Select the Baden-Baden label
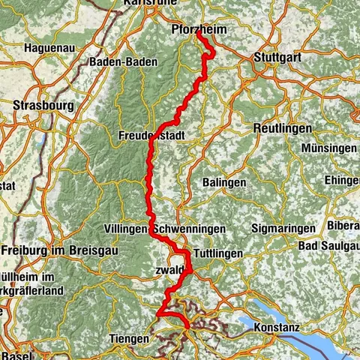(121, 61)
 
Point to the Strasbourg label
(43, 106)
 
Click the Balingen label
(224, 182)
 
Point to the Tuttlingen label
(217, 253)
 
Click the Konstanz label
(277, 328)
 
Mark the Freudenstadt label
(151, 136)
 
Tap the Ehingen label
(343, 180)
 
